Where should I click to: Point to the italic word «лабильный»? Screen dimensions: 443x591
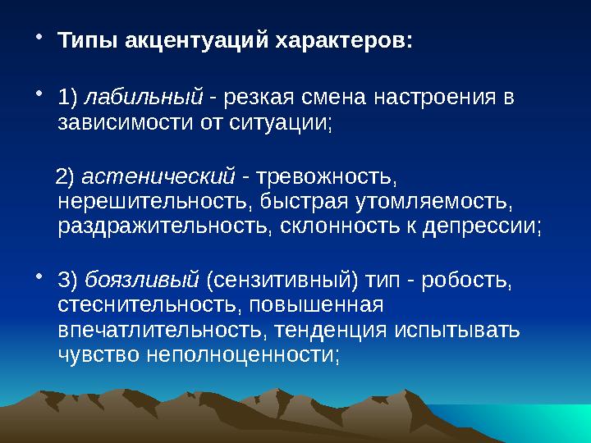pyautogui.click(x=144, y=98)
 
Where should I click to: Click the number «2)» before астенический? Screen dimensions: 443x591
pyautogui.click(x=65, y=176)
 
